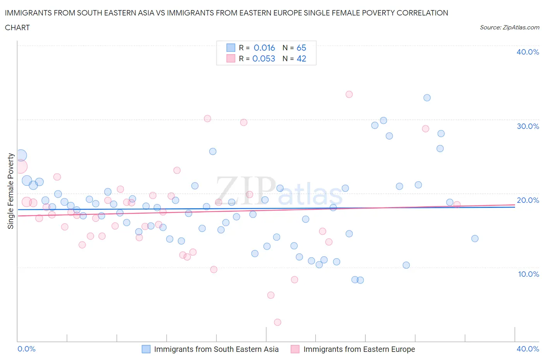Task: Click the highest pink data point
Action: coord(349,94)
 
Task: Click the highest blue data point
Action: coord(427,98)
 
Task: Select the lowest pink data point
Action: coord(277,322)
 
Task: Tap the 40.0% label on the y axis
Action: coord(527,52)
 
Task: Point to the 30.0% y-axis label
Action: coord(527,126)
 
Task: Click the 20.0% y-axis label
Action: coord(527,200)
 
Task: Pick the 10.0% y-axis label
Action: coord(528,274)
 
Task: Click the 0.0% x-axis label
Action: coord(27,349)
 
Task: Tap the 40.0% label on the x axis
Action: coord(527,349)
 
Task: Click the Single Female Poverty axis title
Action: coord(11,191)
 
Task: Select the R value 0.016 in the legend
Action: coord(264,48)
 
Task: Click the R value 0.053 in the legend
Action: coord(264,58)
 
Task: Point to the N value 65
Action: coord(301,48)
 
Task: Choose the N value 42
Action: coord(301,58)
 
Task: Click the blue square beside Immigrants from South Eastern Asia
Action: coord(146,349)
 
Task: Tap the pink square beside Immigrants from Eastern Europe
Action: coord(295,349)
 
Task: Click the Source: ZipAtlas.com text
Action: coord(509,27)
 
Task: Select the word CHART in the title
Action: coord(17,27)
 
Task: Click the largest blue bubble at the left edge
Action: coord(21,156)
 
